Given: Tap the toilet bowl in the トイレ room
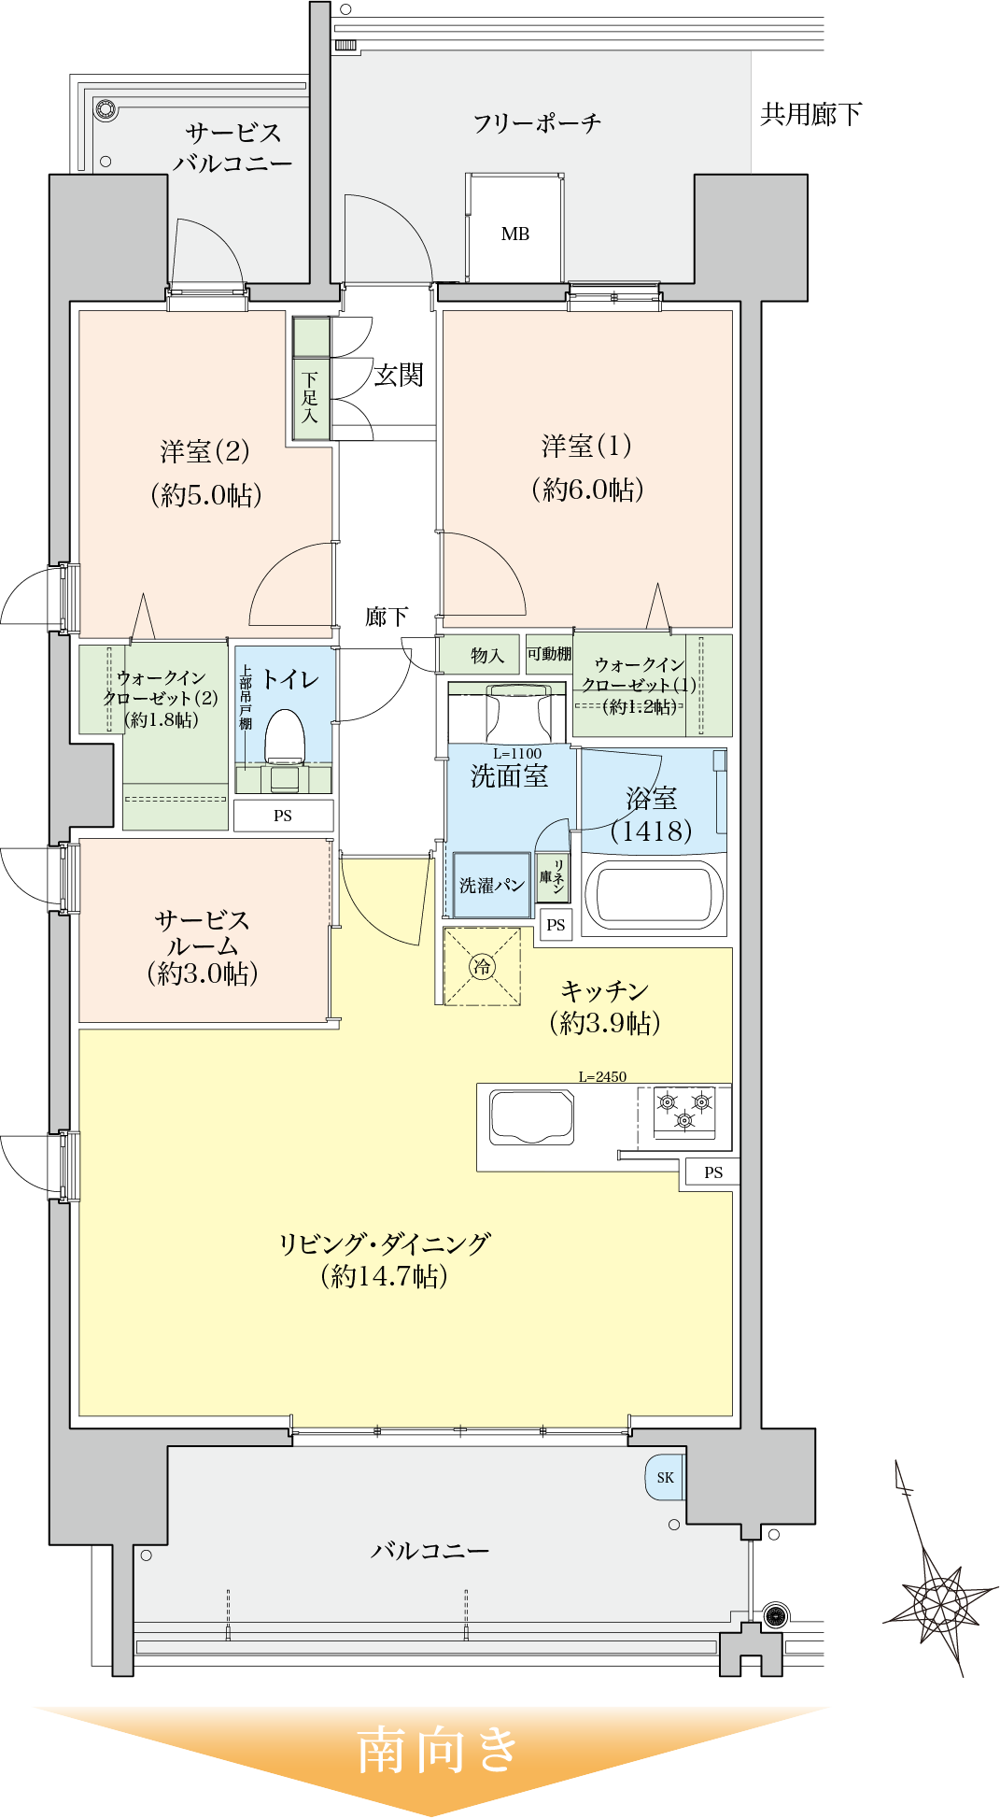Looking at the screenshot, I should point(285,738).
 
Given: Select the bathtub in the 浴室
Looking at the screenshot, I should point(654,895).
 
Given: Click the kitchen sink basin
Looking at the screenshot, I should point(531,1117).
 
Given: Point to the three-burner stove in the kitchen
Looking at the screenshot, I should point(684,1111).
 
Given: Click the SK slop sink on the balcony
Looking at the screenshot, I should point(664,1477).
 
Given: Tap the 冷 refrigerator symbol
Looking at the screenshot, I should point(482,966).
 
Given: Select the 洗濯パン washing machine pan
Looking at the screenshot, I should point(491,885).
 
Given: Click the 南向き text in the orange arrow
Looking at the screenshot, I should point(437,1749).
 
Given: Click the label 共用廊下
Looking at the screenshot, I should point(810,115).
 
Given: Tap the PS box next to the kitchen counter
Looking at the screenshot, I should point(712,1172).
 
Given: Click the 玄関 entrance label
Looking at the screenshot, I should point(399,376).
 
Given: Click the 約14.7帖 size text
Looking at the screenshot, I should point(384,1275).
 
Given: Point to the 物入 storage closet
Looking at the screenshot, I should point(486,655).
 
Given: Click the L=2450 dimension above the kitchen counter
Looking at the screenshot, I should point(602,1076).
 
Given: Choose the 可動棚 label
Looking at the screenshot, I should point(549,653).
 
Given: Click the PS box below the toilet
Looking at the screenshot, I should point(283,816).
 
